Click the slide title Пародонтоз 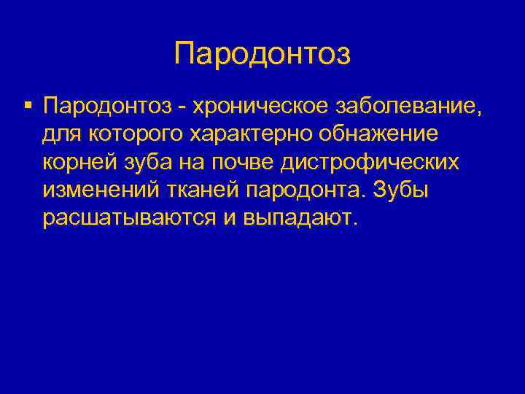point(262,53)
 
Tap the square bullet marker point(27,107)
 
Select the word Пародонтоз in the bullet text point(109,108)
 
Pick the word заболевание point(408,108)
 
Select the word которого point(135,135)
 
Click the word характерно point(257,135)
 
